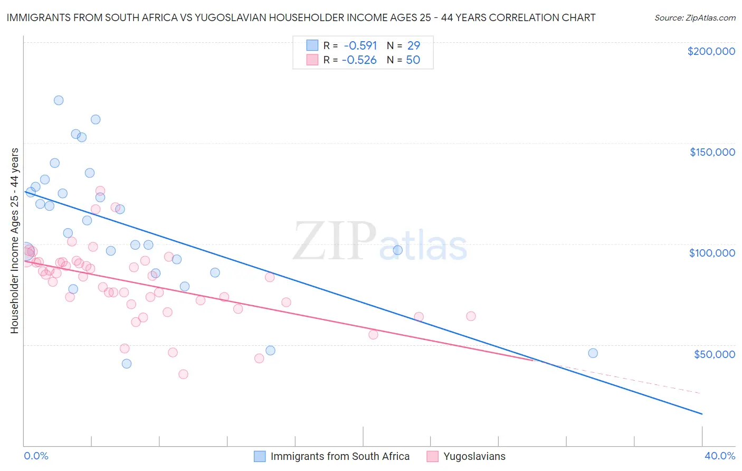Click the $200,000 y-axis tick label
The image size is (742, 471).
[711, 51]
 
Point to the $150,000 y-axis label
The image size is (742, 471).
[712, 152]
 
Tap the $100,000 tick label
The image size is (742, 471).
[712, 253]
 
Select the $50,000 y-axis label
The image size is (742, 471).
[714, 354]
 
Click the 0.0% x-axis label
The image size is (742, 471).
[36, 456]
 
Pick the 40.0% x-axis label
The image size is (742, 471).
[719, 456]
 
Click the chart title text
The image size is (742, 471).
[301, 17]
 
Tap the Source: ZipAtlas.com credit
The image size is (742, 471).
[695, 17]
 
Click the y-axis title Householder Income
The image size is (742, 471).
[14, 240]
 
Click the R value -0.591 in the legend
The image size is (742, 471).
[360, 45]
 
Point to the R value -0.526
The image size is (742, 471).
[359, 60]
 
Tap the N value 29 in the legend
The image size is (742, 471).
[413, 45]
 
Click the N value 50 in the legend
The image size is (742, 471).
[413, 60]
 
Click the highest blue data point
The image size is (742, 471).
[59, 100]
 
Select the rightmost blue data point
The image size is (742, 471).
[593, 353]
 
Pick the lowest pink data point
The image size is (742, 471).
[183, 374]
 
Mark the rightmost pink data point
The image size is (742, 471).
[471, 316]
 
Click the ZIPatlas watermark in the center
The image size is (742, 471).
[380, 241]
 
